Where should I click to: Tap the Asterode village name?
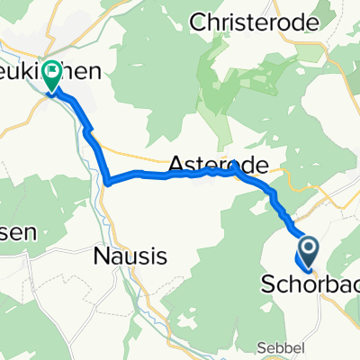click(218, 166)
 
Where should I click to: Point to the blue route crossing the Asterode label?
click(202, 171)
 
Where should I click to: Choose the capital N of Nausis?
click(101, 256)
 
